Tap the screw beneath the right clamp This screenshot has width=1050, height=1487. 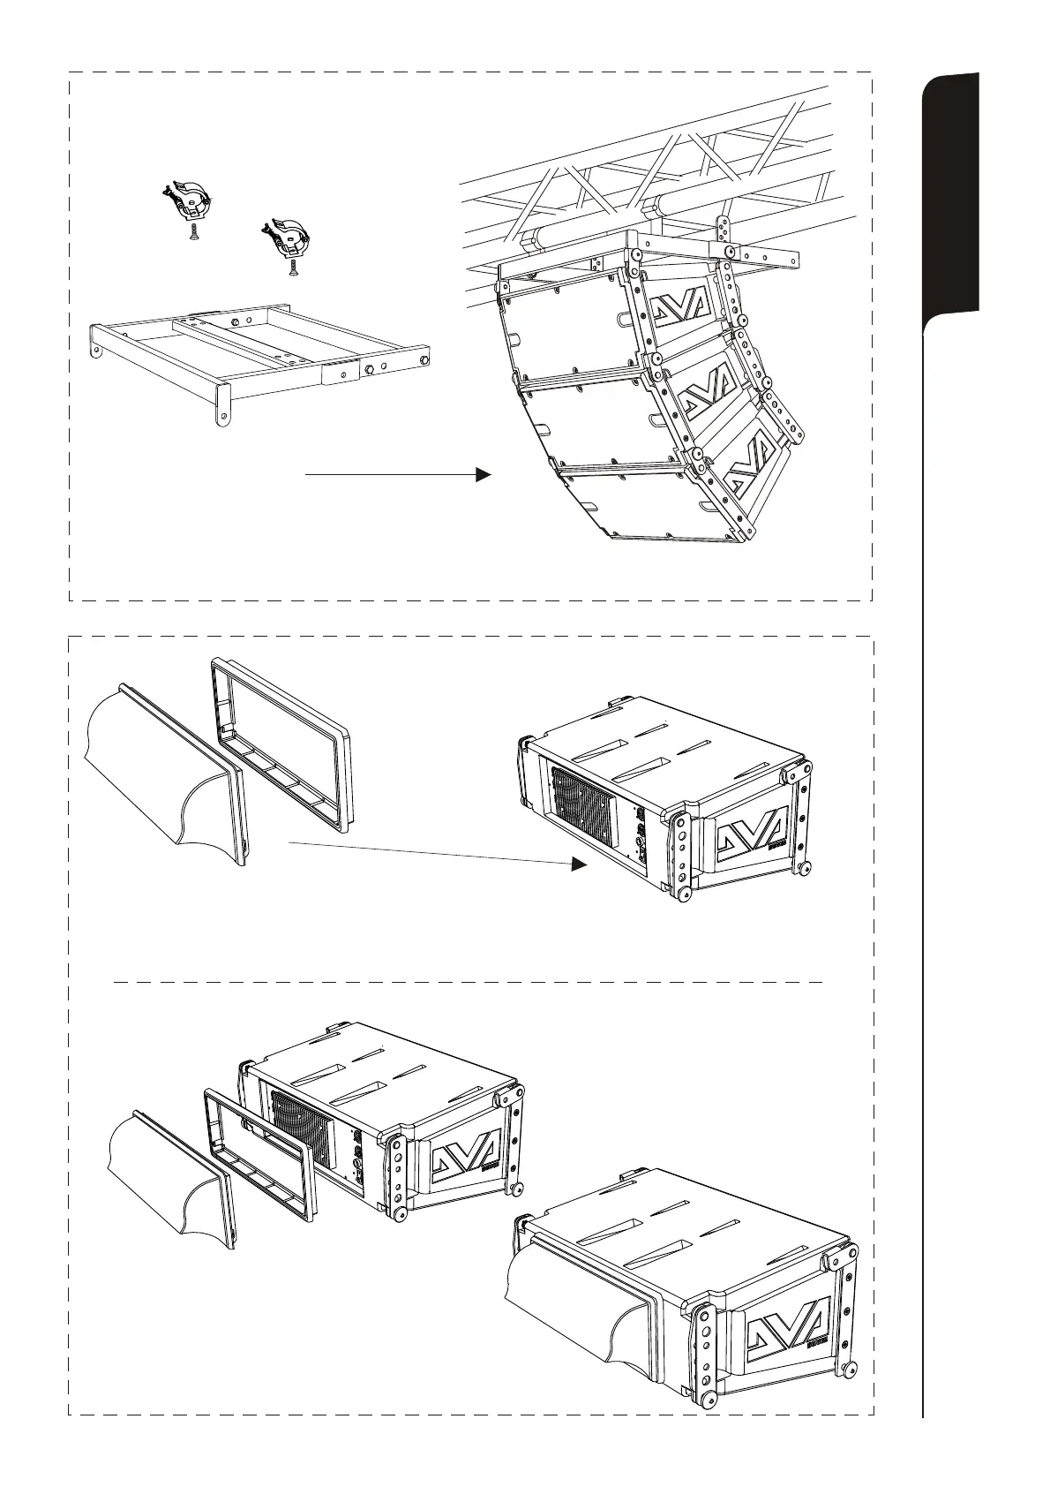pyautogui.click(x=292, y=268)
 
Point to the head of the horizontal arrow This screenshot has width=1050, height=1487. pyautogui.click(x=482, y=474)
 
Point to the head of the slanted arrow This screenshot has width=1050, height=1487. pyautogui.click(x=578, y=864)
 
